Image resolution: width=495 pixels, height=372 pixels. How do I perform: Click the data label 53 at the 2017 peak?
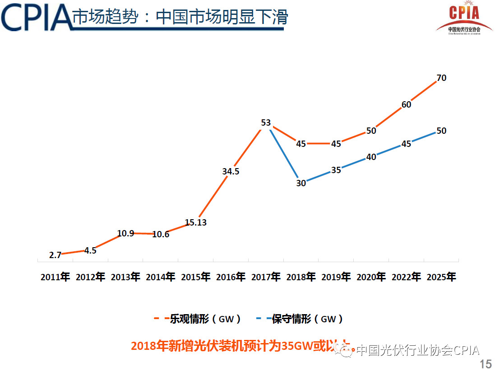pos(266,122)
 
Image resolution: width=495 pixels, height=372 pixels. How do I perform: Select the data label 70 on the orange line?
pos(441,78)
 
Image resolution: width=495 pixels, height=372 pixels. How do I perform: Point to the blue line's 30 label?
pos(301,183)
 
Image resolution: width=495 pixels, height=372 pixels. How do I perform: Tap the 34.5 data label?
pos(231,171)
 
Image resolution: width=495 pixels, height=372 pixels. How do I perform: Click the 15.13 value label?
pos(196,222)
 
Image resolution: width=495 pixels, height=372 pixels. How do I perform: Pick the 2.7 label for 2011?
pos(55,255)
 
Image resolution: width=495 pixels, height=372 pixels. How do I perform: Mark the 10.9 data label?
pos(125,233)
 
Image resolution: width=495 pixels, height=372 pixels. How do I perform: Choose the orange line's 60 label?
pos(406,104)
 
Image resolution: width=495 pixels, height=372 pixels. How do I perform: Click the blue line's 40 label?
pos(371,157)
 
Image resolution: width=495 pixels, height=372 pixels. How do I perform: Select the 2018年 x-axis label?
pos(301,277)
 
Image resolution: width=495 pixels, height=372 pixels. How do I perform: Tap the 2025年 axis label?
pos(441,277)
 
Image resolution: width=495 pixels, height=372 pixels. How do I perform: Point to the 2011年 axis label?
pos(55,277)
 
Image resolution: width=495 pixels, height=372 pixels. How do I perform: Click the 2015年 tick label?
pos(196,277)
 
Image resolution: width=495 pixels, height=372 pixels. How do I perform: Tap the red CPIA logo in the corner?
pos(464,18)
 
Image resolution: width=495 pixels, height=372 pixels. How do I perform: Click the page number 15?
pos(486,364)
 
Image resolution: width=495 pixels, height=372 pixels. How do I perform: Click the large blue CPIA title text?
pos(36,17)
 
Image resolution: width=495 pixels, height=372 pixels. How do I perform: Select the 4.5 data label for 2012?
pos(90,250)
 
